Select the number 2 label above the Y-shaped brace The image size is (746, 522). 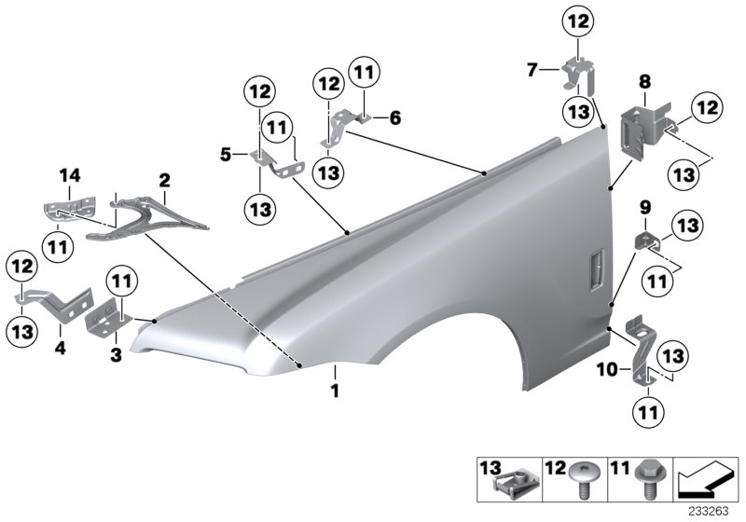[x=164, y=177]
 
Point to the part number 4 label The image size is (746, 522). [x=61, y=352]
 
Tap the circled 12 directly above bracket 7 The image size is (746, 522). [x=578, y=21]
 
